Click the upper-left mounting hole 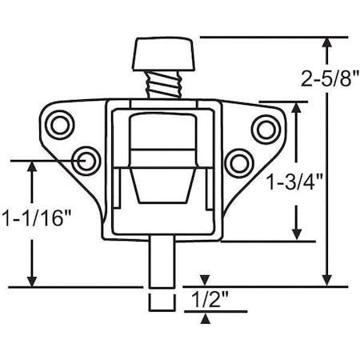tap(59, 125)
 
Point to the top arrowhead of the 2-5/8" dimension tap(327, 42)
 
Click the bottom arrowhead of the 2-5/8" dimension tap(327, 281)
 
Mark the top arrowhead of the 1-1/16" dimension tap(31, 166)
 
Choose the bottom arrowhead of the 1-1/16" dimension tap(31, 281)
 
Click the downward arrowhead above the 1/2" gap tap(206, 279)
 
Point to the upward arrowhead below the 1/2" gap tap(206, 319)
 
